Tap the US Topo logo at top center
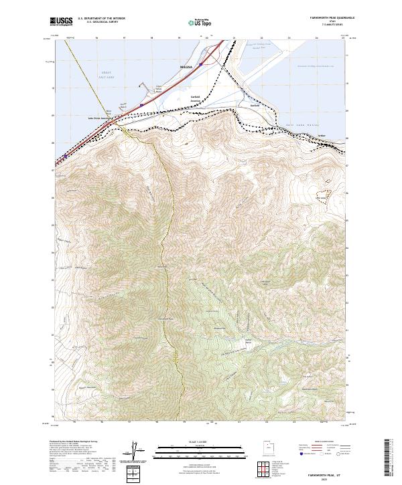click(x=200, y=23)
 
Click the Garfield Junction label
click(x=196, y=99)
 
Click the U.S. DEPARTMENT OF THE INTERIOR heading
click(x=101, y=19)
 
